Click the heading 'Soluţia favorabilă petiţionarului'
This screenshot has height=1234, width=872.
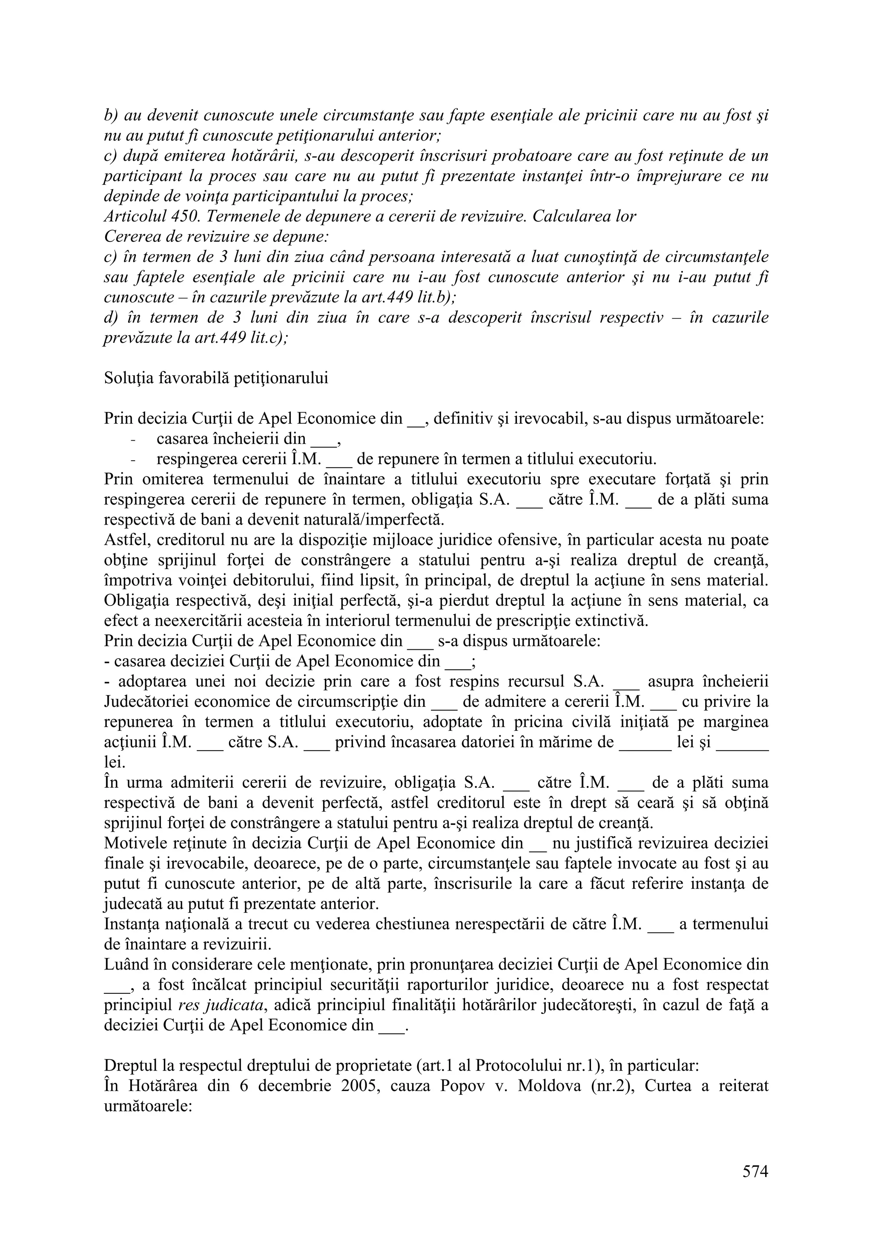215,378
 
